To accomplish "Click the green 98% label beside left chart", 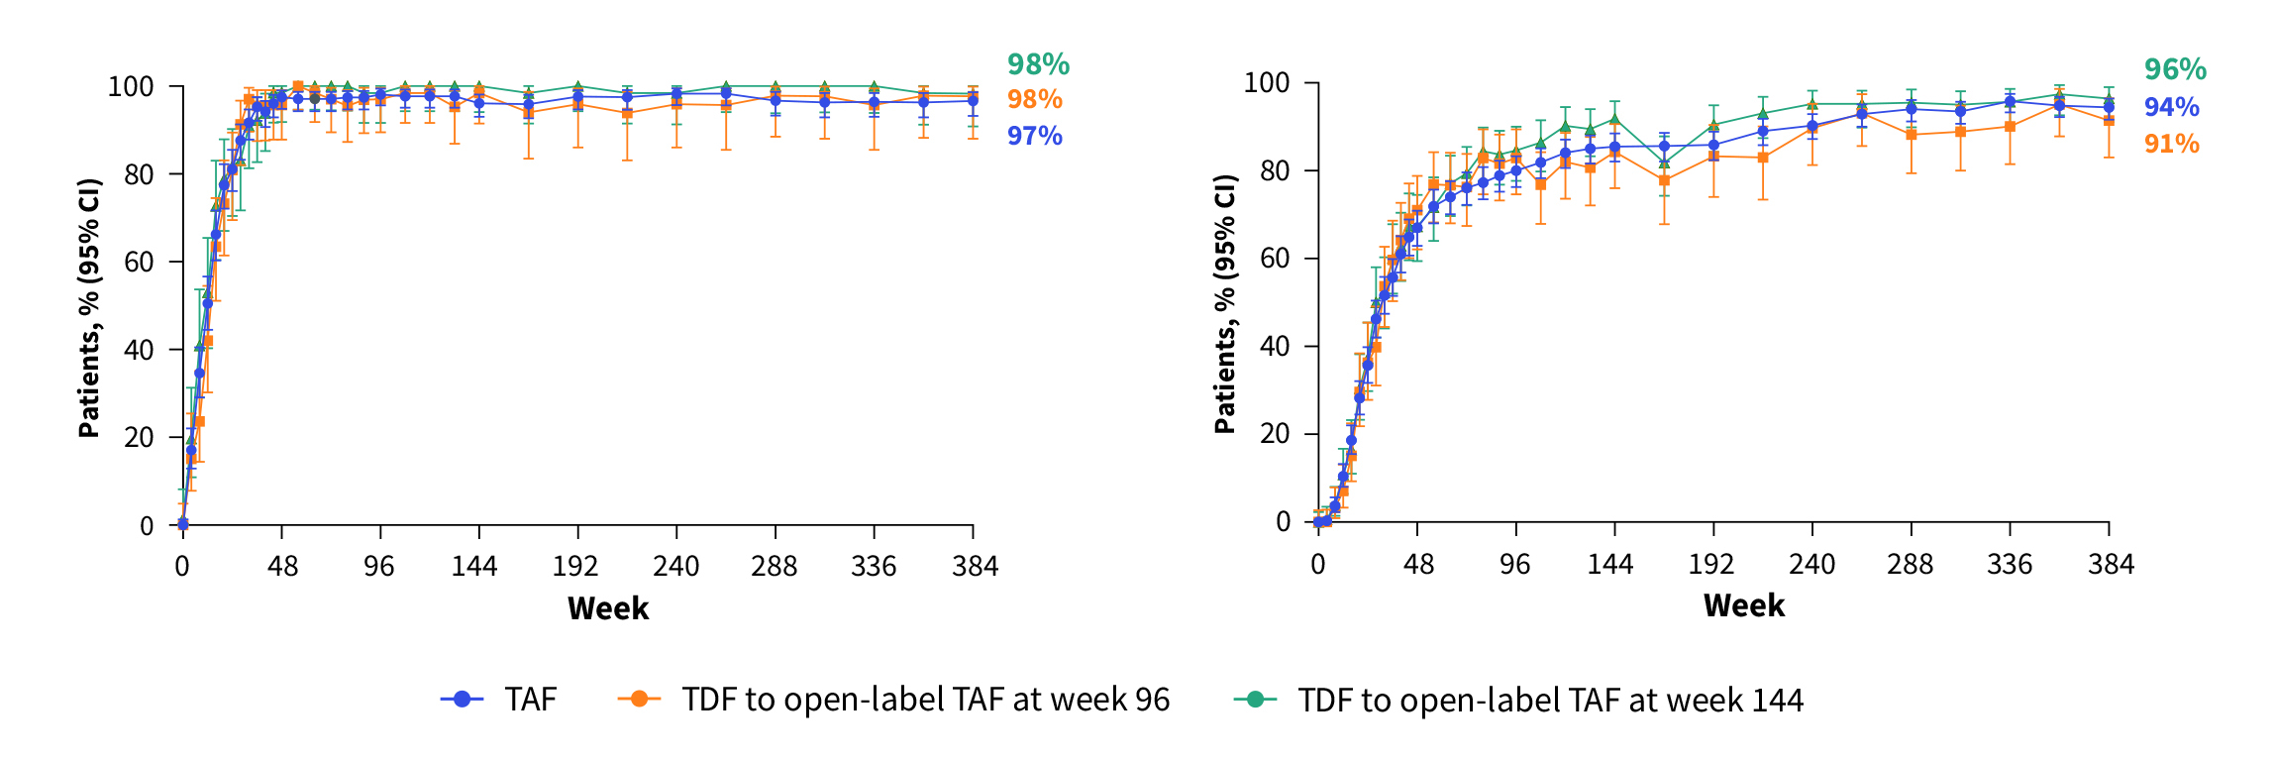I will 1038,64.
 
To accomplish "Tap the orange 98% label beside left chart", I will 1034,99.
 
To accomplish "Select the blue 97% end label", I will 1034,135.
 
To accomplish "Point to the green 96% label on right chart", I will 2175,69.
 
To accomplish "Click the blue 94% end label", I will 2171,107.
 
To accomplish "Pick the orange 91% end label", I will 2171,144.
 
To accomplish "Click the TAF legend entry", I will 531,700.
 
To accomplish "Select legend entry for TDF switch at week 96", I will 925,700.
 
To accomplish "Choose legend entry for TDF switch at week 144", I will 1550,700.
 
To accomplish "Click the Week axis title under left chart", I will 608,608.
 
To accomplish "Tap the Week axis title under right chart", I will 1744,605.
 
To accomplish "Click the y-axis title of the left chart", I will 90,307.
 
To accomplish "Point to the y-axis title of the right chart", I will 1226,304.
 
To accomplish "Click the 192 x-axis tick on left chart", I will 575,567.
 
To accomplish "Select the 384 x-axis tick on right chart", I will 2111,565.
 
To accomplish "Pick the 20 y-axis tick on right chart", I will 1275,434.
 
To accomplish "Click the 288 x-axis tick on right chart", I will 1910,565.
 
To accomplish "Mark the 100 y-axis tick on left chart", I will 131,87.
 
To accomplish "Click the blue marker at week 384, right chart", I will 2109,107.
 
